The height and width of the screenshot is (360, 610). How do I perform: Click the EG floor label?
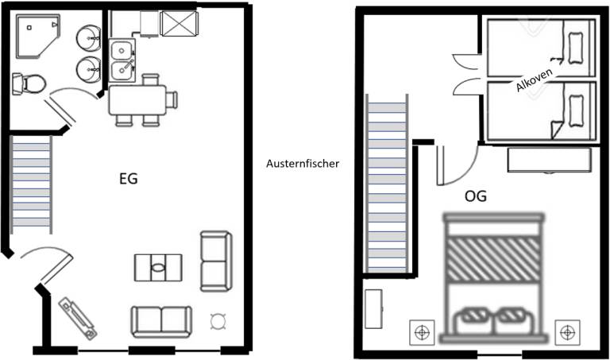129,179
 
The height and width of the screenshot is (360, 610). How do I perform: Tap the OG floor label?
476,195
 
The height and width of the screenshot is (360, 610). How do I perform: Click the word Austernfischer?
303,164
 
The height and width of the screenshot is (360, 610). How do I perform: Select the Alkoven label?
534,80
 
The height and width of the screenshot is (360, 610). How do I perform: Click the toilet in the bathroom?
29,83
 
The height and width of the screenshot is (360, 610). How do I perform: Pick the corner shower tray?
38,36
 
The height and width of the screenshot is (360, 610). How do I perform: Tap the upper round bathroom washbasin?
89,38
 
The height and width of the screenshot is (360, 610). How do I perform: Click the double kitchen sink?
122,60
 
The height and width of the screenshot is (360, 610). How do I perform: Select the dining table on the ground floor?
137,100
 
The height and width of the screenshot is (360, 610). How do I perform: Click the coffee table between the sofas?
158,267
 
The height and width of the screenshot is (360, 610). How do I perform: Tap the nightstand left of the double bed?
422,332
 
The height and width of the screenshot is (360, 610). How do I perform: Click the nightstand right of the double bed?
567,332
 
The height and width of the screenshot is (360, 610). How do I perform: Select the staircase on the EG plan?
31,184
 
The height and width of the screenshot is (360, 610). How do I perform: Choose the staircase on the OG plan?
387,184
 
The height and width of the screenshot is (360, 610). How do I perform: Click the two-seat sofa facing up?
161,322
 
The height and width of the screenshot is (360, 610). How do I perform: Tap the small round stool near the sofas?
218,321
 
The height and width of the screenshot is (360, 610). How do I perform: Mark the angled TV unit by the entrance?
78,318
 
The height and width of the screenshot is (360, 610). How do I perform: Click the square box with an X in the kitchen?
180,24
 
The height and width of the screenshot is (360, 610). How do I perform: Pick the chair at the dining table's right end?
172,99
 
